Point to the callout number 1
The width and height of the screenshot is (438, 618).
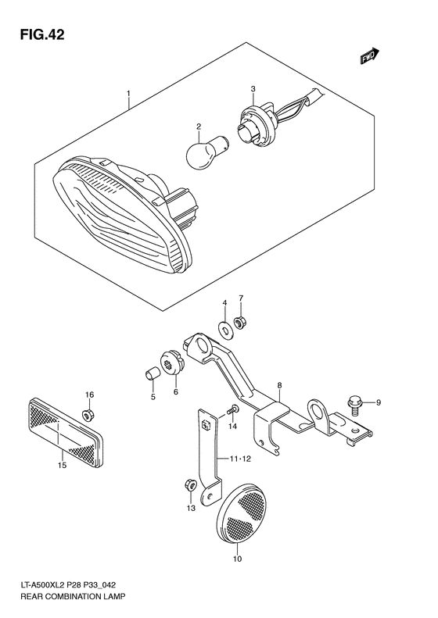pos(127,98)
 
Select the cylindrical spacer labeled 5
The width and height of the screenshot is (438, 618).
pos(154,371)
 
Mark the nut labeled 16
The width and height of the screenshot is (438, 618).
pos(89,413)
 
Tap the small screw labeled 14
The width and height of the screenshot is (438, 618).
pos(232,409)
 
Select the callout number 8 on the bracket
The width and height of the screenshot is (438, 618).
pos(278,385)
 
